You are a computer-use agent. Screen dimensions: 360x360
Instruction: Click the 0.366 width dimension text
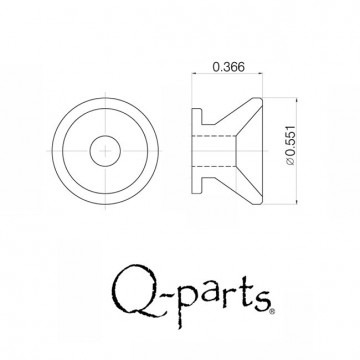(x=229, y=68)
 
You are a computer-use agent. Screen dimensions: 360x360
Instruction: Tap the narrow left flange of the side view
(x=195, y=150)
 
